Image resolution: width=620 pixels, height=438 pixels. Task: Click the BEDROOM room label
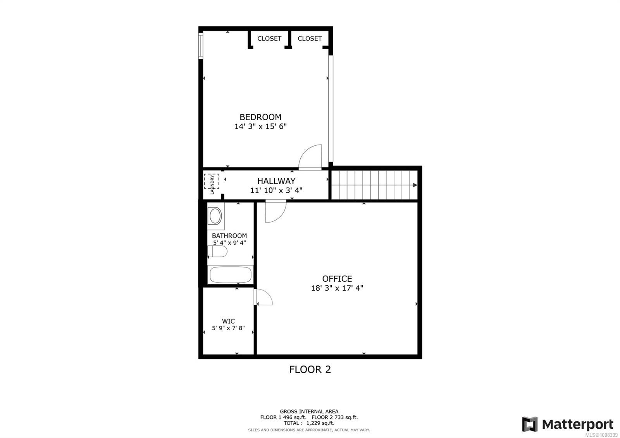coord(260,117)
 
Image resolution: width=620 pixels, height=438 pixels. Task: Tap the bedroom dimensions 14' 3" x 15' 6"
coord(260,126)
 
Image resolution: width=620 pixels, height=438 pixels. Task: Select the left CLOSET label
coord(269,38)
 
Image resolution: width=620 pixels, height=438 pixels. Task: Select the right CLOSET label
coord(310,38)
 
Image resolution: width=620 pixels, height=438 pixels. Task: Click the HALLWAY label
coord(276,181)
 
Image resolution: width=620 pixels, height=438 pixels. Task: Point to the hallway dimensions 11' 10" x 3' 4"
coord(276,190)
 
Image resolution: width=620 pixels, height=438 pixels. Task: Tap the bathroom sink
coord(215,216)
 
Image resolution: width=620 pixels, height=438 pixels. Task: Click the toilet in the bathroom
coord(218,252)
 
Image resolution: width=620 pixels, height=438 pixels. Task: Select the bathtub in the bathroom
coord(231,275)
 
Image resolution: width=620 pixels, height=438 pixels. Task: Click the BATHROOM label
coord(229,236)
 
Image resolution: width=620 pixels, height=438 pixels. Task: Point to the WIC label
coord(228,321)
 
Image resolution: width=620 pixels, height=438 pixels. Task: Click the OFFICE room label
coord(337,279)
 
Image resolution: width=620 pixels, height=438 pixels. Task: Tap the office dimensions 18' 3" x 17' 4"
coord(337,288)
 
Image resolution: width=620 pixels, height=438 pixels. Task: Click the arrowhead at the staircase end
coord(415,185)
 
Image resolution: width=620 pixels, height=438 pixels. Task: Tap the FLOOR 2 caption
coord(310,369)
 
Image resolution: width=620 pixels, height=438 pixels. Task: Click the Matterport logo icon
coord(530,424)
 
